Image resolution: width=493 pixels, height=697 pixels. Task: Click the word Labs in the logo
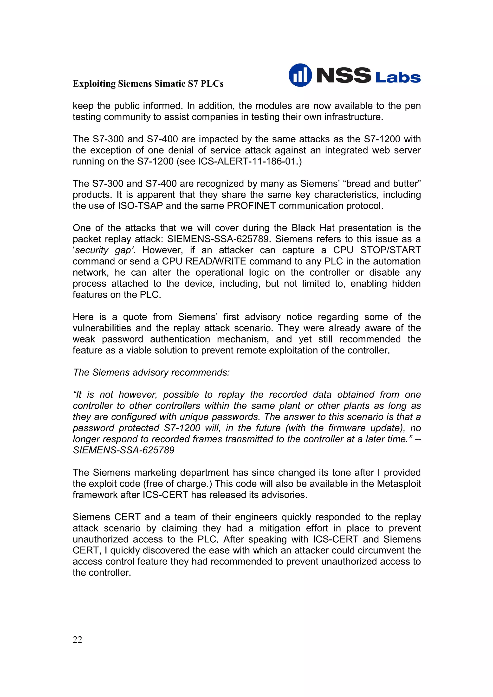pyautogui.click(x=398, y=77)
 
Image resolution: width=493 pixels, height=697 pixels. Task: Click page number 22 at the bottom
pyautogui.click(x=78, y=640)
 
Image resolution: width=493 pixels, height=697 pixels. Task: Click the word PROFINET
pyautogui.click(x=251, y=206)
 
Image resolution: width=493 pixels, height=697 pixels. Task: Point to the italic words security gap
pyautogui.click(x=103, y=250)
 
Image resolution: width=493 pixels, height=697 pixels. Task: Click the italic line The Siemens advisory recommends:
pyautogui.click(x=151, y=373)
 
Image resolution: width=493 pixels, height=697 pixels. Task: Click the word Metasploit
pyautogui.click(x=399, y=484)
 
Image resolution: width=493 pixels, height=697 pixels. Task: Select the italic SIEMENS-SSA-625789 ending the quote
pyautogui.click(x=124, y=450)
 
